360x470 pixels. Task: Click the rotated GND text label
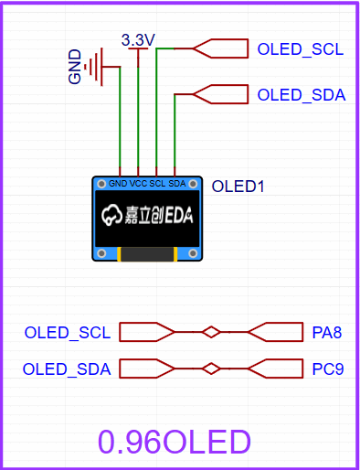76,67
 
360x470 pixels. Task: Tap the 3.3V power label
138,39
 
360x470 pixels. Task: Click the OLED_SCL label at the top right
300,48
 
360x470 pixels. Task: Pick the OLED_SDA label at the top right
301,94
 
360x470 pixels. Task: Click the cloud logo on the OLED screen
112,216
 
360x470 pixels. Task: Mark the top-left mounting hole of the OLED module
101,185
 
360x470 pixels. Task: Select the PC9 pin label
326,369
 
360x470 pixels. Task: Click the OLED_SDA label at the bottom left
67,369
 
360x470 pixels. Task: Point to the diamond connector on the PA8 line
211,332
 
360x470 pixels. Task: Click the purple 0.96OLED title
175,442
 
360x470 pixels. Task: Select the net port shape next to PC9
275,369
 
